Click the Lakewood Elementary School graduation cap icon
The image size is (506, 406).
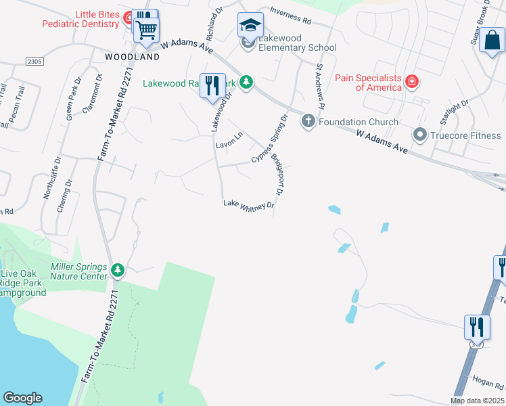pyautogui.click(x=250, y=26)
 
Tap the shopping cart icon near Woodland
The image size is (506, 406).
pyautogui.click(x=146, y=30)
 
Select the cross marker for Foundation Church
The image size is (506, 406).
pyautogui.click(x=308, y=121)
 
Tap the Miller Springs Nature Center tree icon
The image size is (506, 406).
pyautogui.click(x=118, y=271)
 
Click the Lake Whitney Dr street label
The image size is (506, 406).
pyautogui.click(x=249, y=204)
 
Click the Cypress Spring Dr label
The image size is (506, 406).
pyautogui.click(x=270, y=138)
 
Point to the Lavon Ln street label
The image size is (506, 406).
pyautogui.click(x=229, y=143)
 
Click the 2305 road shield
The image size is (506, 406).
pyautogui.click(x=34, y=61)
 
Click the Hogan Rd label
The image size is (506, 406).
pyautogui.click(x=489, y=386)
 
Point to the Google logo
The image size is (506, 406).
pyautogui.click(x=22, y=398)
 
